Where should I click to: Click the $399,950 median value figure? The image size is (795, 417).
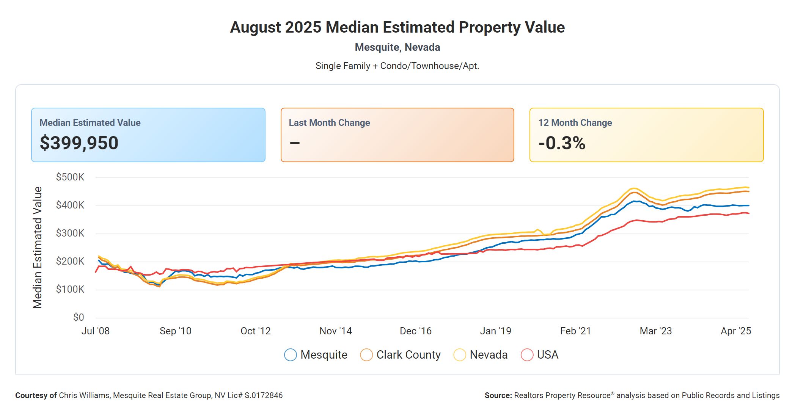(x=79, y=143)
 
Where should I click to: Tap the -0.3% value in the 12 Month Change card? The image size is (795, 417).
(x=562, y=143)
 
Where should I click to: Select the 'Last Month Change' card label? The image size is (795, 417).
(x=329, y=123)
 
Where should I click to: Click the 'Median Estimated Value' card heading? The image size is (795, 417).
(x=90, y=123)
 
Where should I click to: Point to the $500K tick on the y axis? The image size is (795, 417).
(x=70, y=177)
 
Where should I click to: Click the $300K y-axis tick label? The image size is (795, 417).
(x=70, y=233)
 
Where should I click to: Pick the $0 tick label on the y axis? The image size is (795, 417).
(x=79, y=317)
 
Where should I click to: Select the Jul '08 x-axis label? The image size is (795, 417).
(x=96, y=331)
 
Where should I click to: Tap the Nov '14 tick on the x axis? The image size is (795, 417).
(x=336, y=331)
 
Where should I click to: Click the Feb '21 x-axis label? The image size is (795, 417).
(x=575, y=331)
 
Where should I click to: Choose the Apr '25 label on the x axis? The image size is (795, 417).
(x=736, y=331)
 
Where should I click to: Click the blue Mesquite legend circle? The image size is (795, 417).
(x=291, y=355)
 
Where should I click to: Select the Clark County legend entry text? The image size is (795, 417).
(x=408, y=355)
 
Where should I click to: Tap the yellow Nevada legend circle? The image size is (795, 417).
(x=460, y=355)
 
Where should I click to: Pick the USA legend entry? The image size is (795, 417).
(x=548, y=355)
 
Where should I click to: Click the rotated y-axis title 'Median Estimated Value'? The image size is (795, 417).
(x=37, y=247)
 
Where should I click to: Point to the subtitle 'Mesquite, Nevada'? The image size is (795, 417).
(x=397, y=47)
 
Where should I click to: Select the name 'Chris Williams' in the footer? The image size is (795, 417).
(x=84, y=395)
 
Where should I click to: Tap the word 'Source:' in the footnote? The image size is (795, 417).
(x=498, y=395)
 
